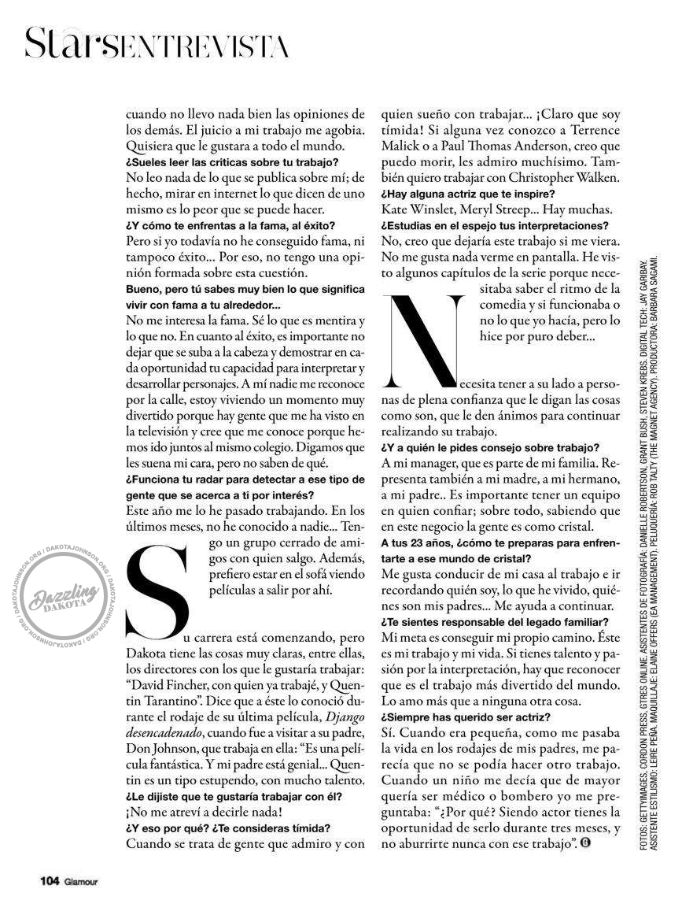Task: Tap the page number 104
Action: (52, 880)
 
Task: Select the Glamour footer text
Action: (82, 881)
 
